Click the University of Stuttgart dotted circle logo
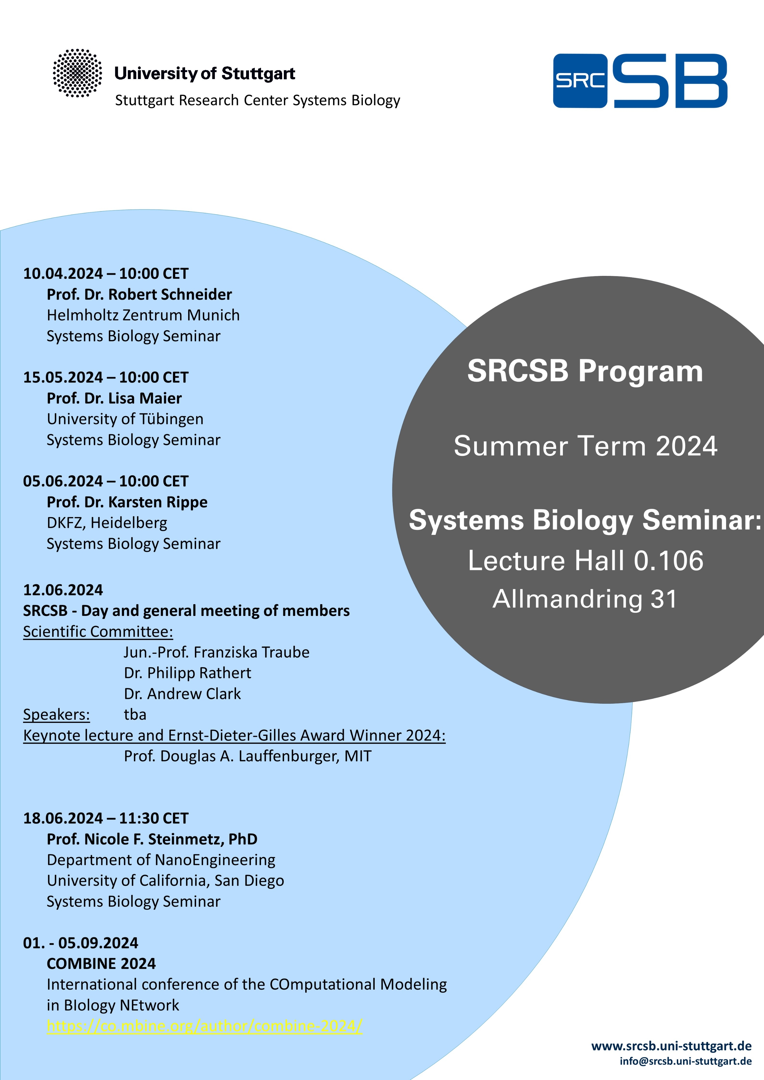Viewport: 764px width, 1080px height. point(77,73)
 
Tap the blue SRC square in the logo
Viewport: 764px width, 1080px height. point(580,81)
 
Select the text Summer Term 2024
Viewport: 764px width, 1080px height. point(585,446)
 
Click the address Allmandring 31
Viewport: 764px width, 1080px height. point(585,599)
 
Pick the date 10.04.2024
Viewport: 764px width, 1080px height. point(63,274)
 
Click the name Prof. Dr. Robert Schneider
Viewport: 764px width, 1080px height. point(139,294)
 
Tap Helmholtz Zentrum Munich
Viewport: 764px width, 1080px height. point(143,315)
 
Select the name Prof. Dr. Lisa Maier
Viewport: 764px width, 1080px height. point(114,399)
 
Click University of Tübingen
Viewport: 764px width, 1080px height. point(125,419)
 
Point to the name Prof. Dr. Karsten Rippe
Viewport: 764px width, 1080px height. point(127,502)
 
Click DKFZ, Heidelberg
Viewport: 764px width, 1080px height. point(107,523)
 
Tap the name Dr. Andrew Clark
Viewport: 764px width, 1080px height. point(183,694)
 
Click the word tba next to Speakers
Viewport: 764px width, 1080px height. point(135,714)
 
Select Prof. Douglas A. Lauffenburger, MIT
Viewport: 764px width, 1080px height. point(248,756)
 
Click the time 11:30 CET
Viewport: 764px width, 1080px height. point(153,818)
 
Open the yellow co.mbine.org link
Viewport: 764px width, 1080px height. point(205,1026)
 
